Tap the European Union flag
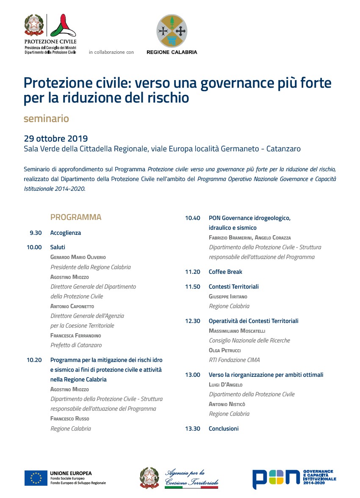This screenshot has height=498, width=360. [x=36, y=478]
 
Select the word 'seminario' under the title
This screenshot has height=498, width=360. [x=46, y=119]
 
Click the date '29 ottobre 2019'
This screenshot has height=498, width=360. [x=56, y=139]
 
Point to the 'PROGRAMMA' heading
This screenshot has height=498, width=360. [x=76, y=217]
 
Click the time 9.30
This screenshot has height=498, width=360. [x=36, y=233]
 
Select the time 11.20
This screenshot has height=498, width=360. [x=192, y=272]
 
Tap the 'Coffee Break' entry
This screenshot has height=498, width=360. [x=225, y=272]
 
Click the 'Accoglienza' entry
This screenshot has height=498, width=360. [x=66, y=233]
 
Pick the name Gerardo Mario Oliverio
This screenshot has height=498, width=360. [x=78, y=257]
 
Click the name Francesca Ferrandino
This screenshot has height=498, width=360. [x=76, y=336]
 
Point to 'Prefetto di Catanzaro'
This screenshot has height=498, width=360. [x=76, y=345]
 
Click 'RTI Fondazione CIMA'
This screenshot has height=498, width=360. [x=234, y=360]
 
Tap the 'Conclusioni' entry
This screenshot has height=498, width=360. [x=224, y=428]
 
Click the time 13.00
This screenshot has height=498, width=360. [x=192, y=375]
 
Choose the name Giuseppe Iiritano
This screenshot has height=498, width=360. [x=228, y=297]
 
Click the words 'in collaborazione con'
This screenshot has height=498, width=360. [x=111, y=52]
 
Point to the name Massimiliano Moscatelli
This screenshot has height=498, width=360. [x=237, y=331]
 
